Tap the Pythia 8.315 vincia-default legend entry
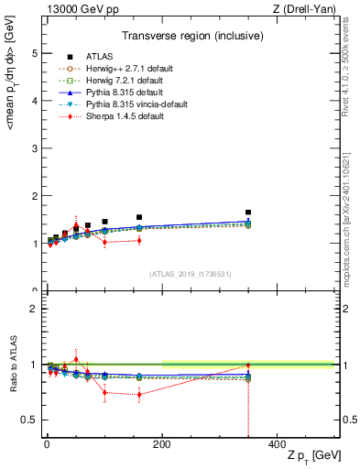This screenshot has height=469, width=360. [x=129, y=104]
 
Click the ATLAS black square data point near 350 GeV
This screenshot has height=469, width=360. [x=248, y=213]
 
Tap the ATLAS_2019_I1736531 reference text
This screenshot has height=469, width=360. [x=191, y=274]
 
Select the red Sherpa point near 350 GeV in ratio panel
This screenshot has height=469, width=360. [x=248, y=365]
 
